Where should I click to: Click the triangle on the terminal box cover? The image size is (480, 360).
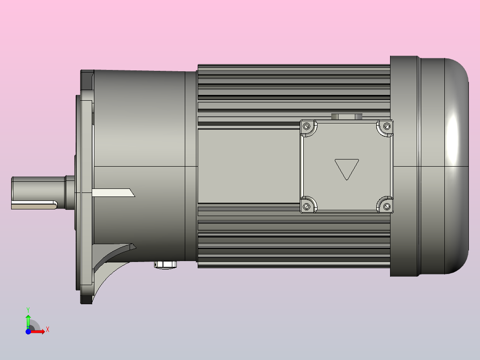pos(346,169)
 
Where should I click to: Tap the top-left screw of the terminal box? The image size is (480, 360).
pos(306,127)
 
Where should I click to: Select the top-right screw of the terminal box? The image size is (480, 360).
pos(386,127)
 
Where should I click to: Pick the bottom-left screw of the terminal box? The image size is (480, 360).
pos(306,206)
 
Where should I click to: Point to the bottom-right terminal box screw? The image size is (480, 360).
pos(386,206)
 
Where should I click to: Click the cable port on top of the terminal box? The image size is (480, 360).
pos(347,117)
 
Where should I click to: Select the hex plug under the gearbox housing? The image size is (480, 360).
pos(165,265)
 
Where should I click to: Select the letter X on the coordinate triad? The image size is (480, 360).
pos(48,330)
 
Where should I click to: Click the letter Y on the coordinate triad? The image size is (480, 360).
pos(28,309)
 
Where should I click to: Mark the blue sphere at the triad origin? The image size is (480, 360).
pos(28,332)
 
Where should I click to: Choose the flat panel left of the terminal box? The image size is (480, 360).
pos(248,167)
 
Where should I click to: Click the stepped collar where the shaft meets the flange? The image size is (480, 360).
pos(69,192)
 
